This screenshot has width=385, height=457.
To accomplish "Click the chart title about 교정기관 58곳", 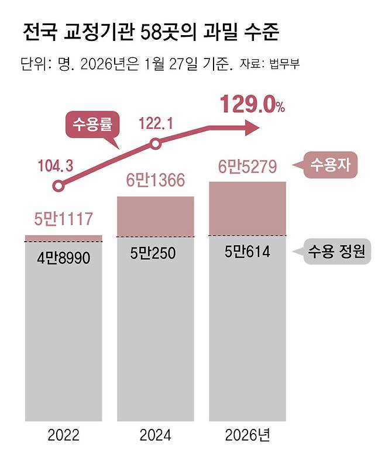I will tap(150, 32).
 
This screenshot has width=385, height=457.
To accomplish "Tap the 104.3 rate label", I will tap(57, 166).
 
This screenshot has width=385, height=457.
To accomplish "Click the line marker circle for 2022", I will tap(57, 187).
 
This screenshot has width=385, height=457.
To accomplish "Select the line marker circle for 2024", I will tap(155, 144).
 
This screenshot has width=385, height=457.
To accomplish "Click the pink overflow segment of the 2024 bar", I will tap(156, 217).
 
